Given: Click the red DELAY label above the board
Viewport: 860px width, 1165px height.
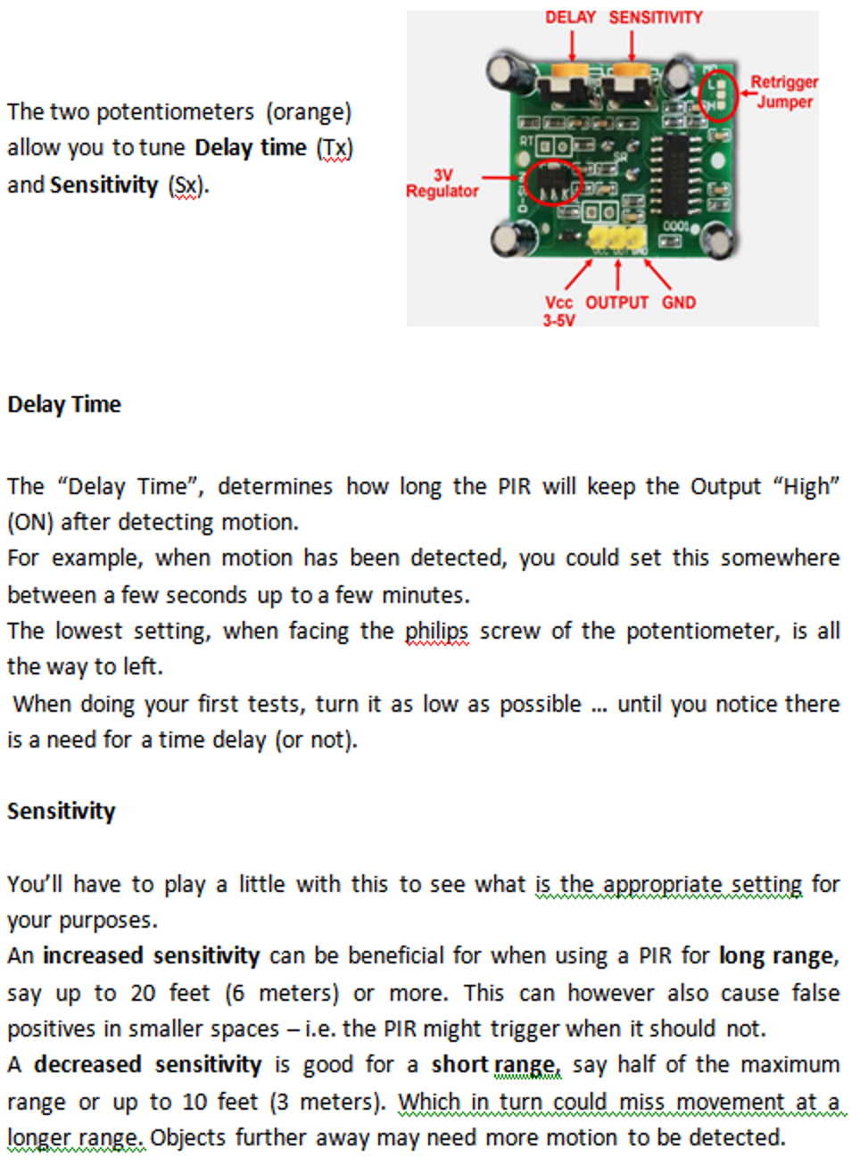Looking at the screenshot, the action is point(570,17).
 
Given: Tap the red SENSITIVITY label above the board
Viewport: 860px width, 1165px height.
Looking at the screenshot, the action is point(655,17).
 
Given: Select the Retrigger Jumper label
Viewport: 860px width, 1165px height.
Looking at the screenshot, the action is point(784,91).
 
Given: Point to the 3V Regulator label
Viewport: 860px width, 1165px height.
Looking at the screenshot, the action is point(442,183).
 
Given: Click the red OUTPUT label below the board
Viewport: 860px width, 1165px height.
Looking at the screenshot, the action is point(616,302).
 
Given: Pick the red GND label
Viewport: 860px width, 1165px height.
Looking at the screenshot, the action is point(679,302).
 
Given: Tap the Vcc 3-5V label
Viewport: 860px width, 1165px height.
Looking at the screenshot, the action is point(559,311).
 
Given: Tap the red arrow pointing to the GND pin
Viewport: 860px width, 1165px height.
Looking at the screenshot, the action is point(657,274).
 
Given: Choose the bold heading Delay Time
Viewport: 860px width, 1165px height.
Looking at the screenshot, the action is point(64,404).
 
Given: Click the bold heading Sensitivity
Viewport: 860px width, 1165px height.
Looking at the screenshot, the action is point(61,811).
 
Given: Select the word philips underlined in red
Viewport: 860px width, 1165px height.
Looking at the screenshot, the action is point(436,632).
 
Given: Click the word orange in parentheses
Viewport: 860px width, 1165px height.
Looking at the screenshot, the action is point(309,112).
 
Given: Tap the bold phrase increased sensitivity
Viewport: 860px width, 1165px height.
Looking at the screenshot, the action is point(152,955).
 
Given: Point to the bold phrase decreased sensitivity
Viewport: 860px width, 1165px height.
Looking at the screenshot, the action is point(148,1065).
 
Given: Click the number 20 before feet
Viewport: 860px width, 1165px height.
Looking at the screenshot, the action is point(143,993).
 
